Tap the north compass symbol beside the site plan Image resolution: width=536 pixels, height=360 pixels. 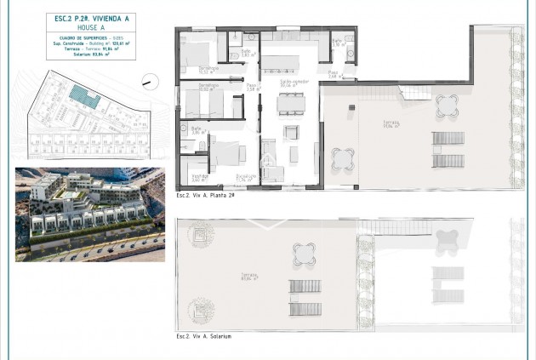coord(151,83)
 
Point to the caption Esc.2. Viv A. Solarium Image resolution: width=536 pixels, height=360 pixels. coord(203,336)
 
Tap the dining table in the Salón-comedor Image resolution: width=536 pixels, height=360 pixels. coord(291,103)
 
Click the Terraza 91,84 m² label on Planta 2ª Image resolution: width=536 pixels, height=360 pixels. coord(391,125)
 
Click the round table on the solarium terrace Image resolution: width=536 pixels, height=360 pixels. coord(305,253)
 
